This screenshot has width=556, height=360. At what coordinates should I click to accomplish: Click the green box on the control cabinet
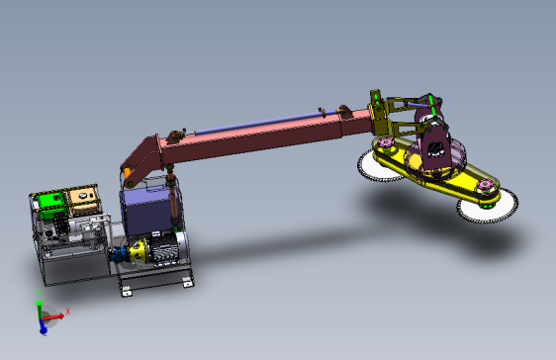(x=49, y=205)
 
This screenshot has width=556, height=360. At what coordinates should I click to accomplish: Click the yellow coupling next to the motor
(x=139, y=250)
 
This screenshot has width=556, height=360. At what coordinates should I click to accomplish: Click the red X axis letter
(x=68, y=313)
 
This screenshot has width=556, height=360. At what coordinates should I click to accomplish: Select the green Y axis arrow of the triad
(x=39, y=308)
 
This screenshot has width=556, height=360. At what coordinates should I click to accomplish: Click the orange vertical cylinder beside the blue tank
(x=175, y=203)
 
